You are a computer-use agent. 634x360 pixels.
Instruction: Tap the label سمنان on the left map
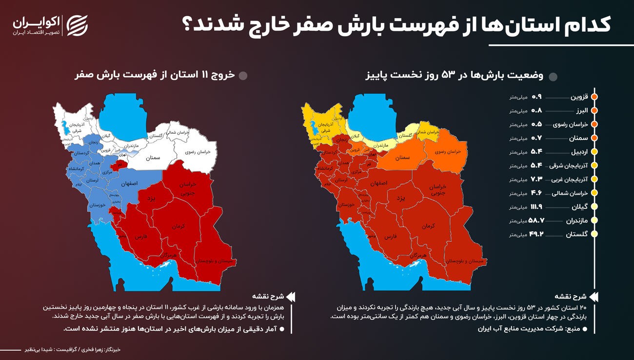pyautogui.click(x=153, y=158)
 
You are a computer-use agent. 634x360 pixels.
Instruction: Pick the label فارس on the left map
pyautogui.click(x=141, y=236)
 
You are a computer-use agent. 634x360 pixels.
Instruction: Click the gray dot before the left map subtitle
pyautogui.click(x=243, y=76)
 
